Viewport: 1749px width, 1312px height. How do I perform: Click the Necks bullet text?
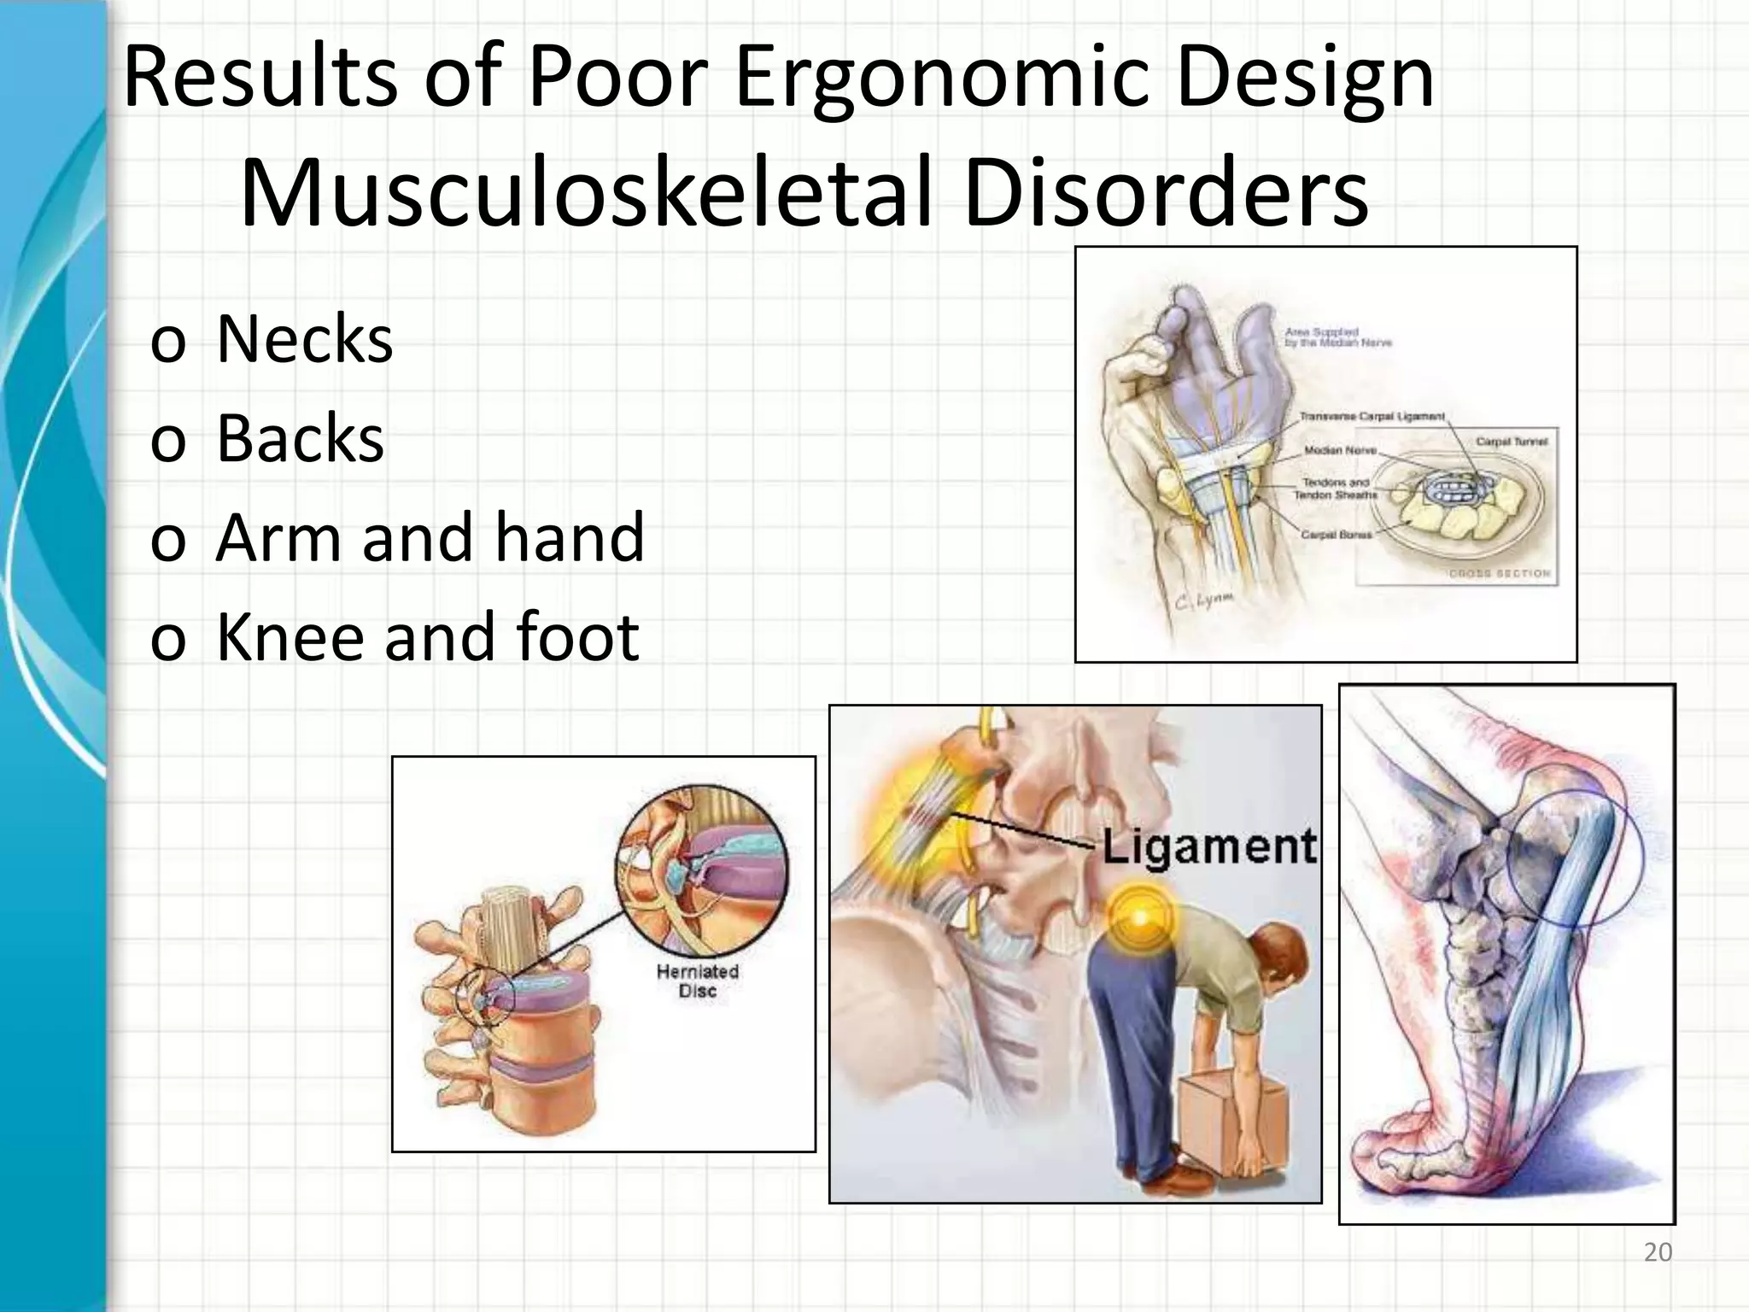[x=304, y=340]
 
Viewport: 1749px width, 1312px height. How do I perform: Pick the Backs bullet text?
[x=300, y=439]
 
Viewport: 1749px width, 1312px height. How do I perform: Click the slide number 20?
[x=1658, y=1252]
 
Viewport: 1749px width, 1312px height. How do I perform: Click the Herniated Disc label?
[x=697, y=981]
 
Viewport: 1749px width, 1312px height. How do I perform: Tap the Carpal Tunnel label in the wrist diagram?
[x=1512, y=442]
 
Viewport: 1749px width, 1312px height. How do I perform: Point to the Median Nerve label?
[x=1340, y=450]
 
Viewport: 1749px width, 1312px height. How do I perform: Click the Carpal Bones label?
[x=1337, y=535]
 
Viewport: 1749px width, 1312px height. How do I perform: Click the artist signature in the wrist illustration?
[x=1204, y=602]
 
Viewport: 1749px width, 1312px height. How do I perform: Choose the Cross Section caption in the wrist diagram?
[x=1499, y=573]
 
